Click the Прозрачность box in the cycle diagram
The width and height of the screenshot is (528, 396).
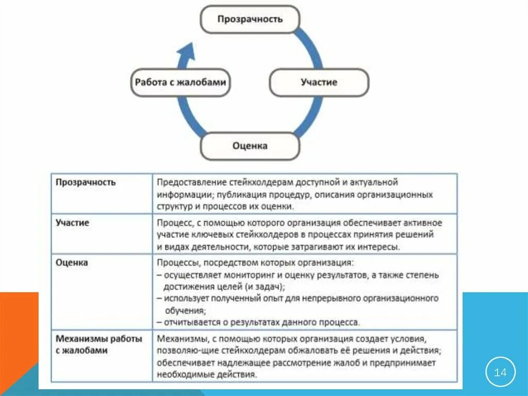coord(250,20)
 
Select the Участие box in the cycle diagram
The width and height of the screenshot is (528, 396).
coord(319,82)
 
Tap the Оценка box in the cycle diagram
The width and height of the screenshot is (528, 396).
coord(250,146)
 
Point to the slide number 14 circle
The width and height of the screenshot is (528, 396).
coord(500,372)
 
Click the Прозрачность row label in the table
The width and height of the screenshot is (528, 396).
coord(86,182)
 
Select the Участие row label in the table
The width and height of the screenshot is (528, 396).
coord(72,223)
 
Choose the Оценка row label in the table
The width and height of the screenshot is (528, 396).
coord(72,262)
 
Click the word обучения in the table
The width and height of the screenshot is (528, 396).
coord(185,311)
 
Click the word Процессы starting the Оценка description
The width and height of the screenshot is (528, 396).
coord(176,263)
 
